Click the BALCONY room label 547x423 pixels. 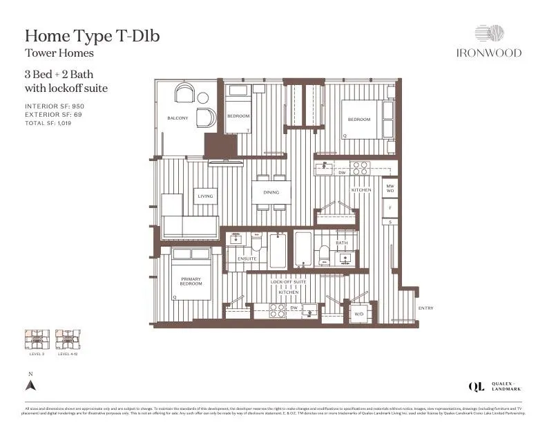pyautogui.click(x=177, y=118)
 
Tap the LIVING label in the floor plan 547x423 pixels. pyautogui.click(x=206, y=196)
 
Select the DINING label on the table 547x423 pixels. pyautogui.click(x=270, y=193)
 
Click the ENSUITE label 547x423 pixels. pyautogui.click(x=247, y=259)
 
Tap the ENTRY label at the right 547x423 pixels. pyautogui.click(x=425, y=308)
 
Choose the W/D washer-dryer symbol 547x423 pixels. pyautogui.click(x=359, y=314)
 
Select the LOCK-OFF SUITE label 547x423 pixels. pyautogui.click(x=288, y=283)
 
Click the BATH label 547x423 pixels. pyautogui.click(x=341, y=243)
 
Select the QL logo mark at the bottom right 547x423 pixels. pyautogui.click(x=476, y=386)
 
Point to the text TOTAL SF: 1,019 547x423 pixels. pyautogui.click(x=48, y=123)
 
